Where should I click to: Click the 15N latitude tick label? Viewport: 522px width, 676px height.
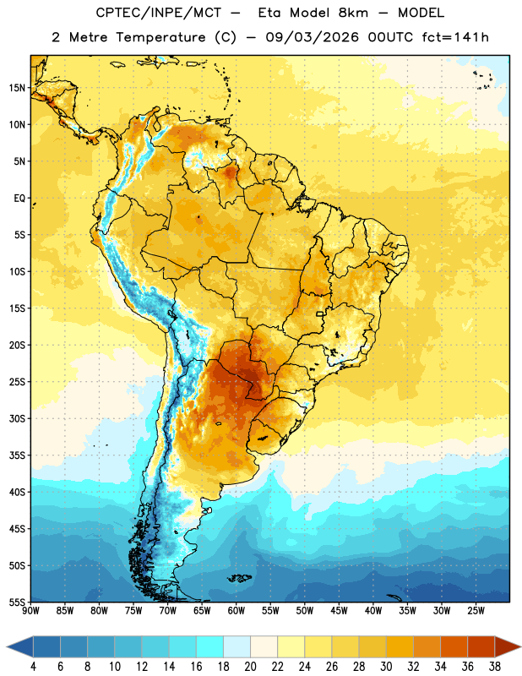point(17,88)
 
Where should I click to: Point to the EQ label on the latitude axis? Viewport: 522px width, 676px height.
point(19,199)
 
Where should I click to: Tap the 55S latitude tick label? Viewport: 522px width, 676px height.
point(17,602)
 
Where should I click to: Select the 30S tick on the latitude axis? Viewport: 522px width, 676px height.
point(17,418)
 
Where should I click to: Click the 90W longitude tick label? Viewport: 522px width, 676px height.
point(30,611)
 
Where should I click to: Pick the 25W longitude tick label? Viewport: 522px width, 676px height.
point(476,611)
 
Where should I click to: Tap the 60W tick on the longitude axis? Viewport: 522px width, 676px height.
point(237,611)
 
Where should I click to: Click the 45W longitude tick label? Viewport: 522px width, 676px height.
point(339,611)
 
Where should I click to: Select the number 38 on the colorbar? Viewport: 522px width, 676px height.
point(494,667)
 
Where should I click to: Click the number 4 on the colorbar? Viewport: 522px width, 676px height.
point(33,667)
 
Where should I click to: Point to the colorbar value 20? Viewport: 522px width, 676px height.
point(250,667)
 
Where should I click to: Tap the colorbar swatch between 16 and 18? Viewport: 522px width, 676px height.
point(210,646)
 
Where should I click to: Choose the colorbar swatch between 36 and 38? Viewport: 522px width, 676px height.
point(481,646)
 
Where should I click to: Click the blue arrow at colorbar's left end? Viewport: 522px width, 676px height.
point(20,646)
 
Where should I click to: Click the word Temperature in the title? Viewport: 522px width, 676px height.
point(161,37)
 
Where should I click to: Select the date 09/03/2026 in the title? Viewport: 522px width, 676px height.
point(312,37)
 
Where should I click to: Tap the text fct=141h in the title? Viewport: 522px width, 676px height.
point(455,37)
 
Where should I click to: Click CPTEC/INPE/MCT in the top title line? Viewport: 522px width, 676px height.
point(159,13)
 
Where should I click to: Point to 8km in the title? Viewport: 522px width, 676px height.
point(353,13)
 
